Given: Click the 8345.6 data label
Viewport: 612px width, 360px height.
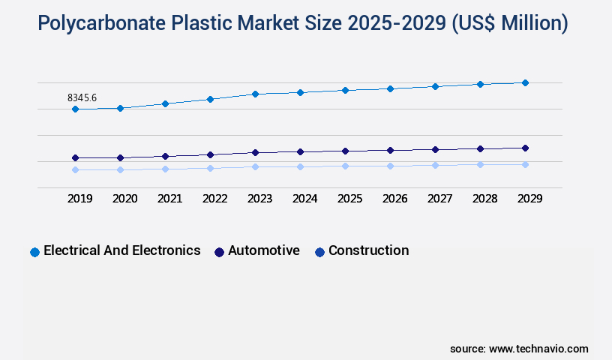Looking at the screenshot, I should (82, 97).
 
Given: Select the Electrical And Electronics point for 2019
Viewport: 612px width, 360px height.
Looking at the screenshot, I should (75, 109).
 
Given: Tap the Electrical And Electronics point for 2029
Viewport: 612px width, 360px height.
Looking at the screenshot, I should (525, 82).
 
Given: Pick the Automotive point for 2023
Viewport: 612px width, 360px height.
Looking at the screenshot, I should (255, 152).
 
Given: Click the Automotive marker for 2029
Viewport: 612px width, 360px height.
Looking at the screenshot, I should (525, 148).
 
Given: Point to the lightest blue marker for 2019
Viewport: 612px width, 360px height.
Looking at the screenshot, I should (75, 169).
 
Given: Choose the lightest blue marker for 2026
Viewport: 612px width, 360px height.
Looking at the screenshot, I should (390, 166).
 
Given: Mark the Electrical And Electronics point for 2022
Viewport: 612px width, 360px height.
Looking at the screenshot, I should (210, 99).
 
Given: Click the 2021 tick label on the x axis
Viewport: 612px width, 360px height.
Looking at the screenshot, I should (169, 199).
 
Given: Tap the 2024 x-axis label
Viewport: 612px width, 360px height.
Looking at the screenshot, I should (304, 199).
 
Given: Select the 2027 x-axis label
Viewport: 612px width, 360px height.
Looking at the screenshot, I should (439, 199).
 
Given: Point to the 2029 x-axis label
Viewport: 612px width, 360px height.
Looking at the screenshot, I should (529, 199).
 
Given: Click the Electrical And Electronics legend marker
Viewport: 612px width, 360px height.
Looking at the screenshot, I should (34, 252).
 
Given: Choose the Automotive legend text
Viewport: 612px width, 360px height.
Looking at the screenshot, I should (264, 250).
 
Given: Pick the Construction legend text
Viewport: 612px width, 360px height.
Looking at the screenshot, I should (368, 250).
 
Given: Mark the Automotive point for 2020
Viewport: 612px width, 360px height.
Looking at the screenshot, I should (120, 158).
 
